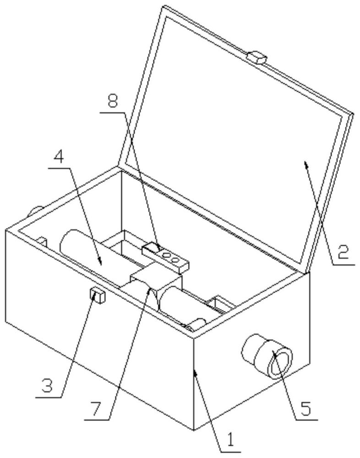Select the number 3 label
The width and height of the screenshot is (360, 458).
click(x=48, y=385)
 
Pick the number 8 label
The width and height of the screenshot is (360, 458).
click(x=113, y=103)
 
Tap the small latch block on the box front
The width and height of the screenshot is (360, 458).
click(x=97, y=294)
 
